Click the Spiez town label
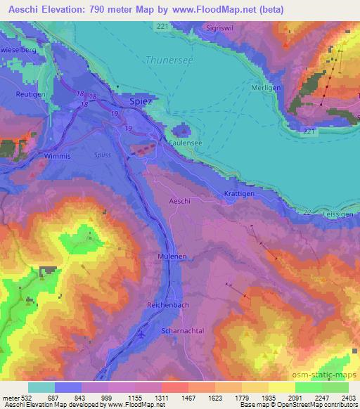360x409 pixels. pos(140,101)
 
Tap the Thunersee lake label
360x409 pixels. pos(168,60)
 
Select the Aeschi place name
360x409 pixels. pos(180,201)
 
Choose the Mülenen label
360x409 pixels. pos(172,258)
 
